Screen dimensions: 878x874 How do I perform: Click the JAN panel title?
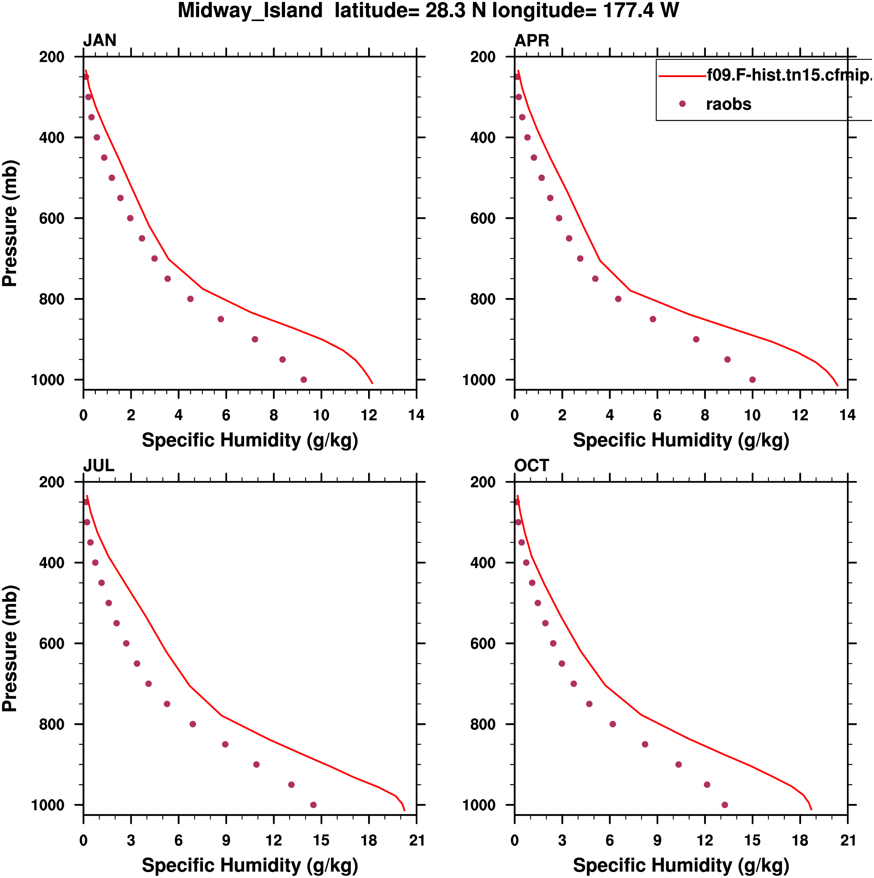coord(100,41)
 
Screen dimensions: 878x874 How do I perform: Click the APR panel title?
coord(531,41)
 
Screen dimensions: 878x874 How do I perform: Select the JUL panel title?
coord(98,465)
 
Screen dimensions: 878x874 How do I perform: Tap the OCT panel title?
coord(531,465)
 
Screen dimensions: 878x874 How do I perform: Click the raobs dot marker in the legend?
coord(682,104)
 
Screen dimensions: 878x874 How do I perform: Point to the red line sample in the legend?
coord(682,76)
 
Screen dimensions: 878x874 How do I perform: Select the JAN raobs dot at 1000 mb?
coord(304,380)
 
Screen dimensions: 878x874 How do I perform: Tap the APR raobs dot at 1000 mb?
coord(752,380)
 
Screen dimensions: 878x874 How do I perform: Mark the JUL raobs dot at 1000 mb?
coord(313,805)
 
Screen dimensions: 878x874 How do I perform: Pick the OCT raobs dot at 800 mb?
coord(612,724)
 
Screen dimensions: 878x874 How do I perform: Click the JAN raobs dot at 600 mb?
coord(130,218)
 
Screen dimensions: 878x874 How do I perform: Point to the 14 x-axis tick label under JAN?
coord(416,415)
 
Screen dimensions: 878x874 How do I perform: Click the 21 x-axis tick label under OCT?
coord(848,840)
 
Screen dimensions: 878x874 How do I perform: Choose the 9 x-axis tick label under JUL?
coord(226,840)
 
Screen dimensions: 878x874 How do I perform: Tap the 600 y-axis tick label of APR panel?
coord(483,219)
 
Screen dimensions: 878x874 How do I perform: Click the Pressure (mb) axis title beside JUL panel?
coord(10,648)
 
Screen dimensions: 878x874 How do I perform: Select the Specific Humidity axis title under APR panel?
coord(681,440)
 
